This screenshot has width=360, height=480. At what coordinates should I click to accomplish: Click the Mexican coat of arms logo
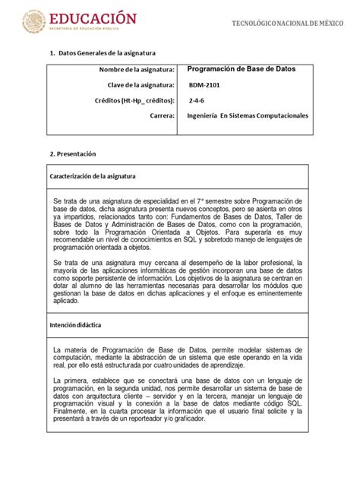(x=33, y=21)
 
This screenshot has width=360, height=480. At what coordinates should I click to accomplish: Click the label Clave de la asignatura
(x=140, y=85)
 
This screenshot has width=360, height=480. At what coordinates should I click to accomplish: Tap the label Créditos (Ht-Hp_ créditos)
(x=136, y=100)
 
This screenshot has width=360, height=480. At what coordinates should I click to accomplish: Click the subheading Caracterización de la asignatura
(x=94, y=175)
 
